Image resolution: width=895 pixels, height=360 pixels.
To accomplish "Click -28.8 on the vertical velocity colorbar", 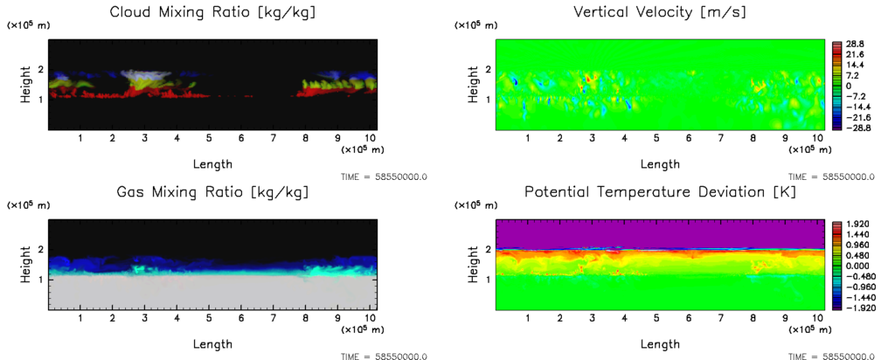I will click(856, 128).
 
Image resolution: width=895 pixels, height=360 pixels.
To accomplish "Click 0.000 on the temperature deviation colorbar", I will click(857, 266).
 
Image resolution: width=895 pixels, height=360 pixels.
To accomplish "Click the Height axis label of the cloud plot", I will click(27, 85).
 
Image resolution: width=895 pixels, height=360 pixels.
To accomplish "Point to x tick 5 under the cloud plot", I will click(209, 138).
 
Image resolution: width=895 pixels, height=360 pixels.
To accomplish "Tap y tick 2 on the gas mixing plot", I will click(40, 250).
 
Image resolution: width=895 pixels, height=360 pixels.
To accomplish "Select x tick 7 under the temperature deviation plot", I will click(720, 319).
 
